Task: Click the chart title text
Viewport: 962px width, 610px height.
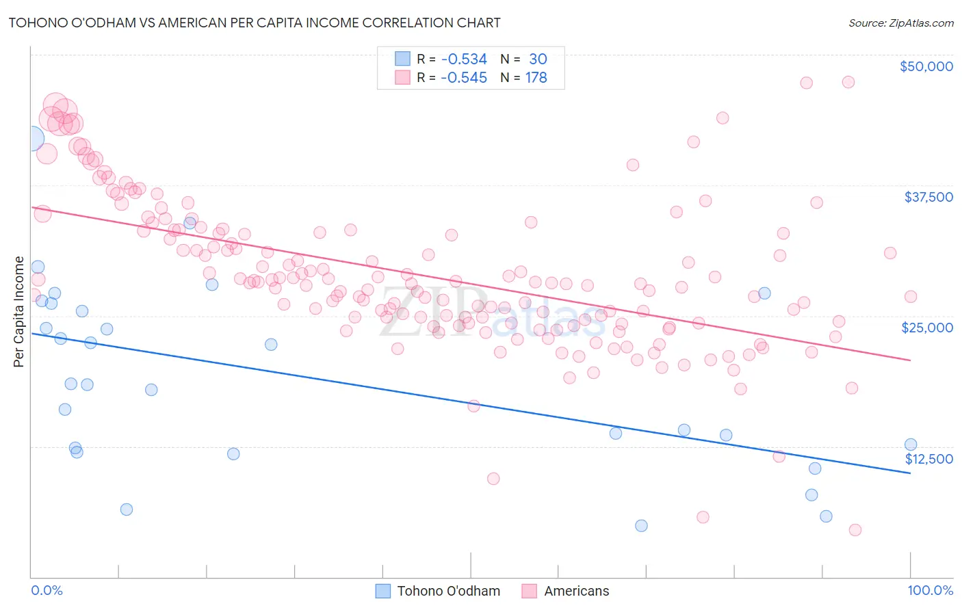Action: click(254, 23)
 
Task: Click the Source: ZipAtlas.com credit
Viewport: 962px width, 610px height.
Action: click(900, 23)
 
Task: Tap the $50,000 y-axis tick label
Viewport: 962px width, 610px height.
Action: click(926, 66)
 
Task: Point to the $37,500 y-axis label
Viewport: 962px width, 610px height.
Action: click(928, 197)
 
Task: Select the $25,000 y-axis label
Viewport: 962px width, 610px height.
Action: click(927, 328)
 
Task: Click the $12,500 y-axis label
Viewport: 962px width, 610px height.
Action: click(928, 459)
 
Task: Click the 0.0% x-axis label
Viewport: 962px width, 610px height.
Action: click(47, 590)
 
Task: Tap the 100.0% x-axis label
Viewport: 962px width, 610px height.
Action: click(930, 590)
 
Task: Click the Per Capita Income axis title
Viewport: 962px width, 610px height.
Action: click(19, 311)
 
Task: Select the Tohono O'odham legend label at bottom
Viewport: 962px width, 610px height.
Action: click(448, 591)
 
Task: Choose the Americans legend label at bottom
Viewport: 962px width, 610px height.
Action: click(576, 591)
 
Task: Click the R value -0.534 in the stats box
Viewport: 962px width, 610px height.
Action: click(464, 59)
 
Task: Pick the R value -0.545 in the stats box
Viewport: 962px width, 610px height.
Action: click(464, 78)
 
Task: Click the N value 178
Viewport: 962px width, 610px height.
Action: click(536, 78)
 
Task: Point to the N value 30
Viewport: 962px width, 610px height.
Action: click(538, 59)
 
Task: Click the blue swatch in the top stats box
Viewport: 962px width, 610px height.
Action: click(402, 59)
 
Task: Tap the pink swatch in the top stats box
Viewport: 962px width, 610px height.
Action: click(402, 77)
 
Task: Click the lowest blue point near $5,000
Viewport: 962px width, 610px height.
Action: click(641, 525)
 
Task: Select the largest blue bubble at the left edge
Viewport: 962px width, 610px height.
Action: click(31, 138)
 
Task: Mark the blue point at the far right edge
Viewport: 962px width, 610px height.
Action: click(910, 445)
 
